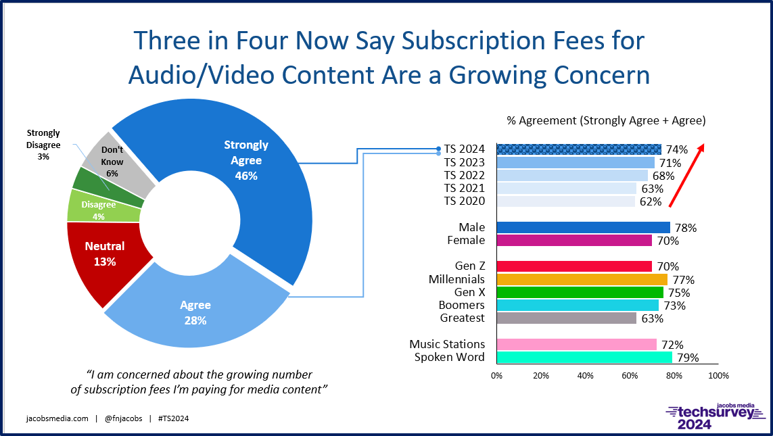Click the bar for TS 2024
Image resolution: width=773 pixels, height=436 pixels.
click(579, 149)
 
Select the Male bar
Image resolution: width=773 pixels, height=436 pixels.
click(583, 228)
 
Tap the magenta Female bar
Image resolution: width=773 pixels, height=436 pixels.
click(574, 241)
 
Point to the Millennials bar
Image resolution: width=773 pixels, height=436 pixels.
click(582, 279)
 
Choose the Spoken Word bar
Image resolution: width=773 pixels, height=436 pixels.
click(584, 357)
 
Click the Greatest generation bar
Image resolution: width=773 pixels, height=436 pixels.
click(567, 318)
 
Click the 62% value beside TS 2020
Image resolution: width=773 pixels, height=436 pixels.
click(651, 201)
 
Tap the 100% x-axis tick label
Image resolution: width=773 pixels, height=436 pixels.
click(718, 375)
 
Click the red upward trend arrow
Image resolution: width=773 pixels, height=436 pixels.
click(686, 174)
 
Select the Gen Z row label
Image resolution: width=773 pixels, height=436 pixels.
click(470, 266)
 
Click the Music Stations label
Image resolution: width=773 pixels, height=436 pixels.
click(447, 344)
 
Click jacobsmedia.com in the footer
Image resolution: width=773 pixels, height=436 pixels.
click(57, 418)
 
